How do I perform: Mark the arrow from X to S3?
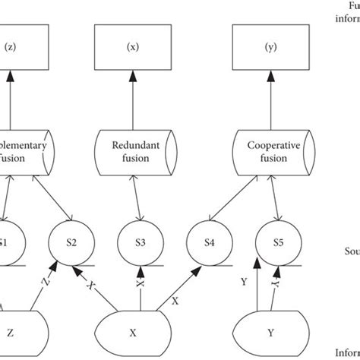(x=140, y=289)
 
